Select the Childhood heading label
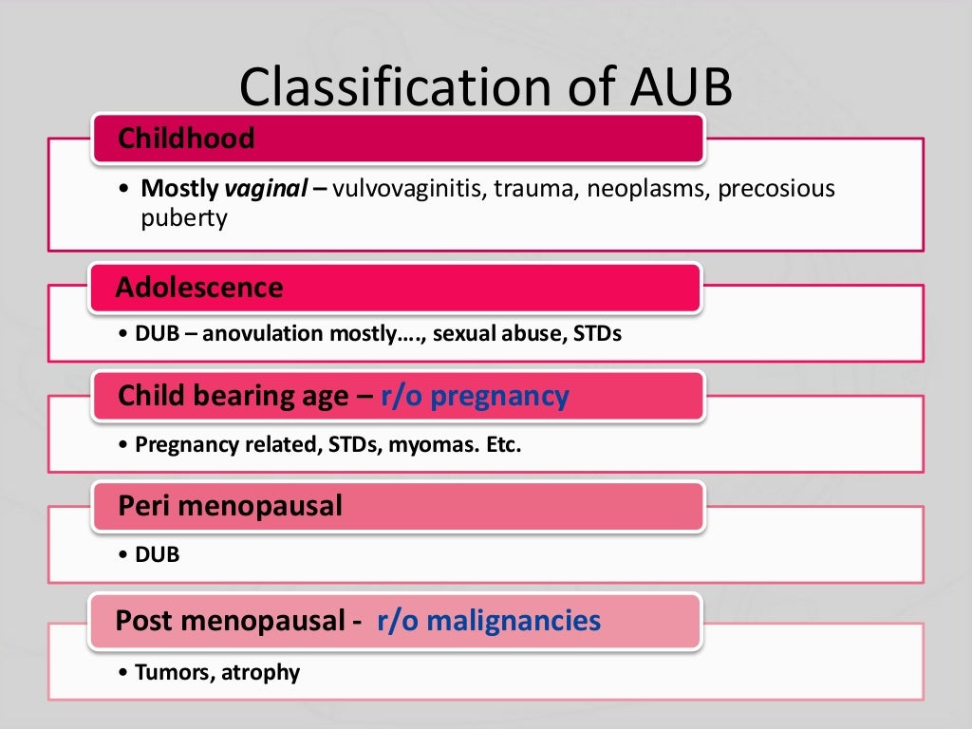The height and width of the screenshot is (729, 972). [186, 139]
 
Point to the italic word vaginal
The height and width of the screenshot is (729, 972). [265, 189]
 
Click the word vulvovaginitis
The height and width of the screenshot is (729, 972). [408, 189]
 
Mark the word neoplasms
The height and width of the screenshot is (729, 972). [645, 189]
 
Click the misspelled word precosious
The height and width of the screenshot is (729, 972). [776, 189]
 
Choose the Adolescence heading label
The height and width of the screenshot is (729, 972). [199, 288]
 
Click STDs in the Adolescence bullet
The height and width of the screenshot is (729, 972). [598, 334]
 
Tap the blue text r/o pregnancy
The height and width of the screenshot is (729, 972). [475, 396]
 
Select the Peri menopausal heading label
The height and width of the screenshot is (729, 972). [230, 506]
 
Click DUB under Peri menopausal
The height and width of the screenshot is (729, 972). [158, 554]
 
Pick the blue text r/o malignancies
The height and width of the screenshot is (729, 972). [489, 621]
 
